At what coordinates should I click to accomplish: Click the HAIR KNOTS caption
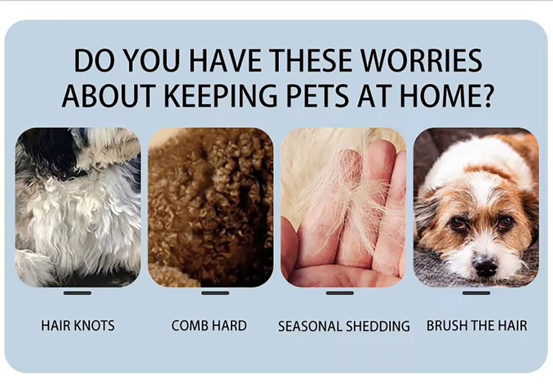pyautogui.click(x=78, y=325)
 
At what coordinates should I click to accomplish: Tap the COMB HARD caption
pyautogui.click(x=209, y=325)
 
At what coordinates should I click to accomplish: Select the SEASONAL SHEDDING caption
pyautogui.click(x=344, y=326)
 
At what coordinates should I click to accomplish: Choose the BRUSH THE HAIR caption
pyautogui.click(x=477, y=325)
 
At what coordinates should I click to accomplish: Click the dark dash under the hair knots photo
pyautogui.click(x=77, y=293)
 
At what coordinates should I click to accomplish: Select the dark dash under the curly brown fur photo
pyautogui.click(x=215, y=293)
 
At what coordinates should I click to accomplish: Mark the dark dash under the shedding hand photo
pyautogui.click(x=340, y=293)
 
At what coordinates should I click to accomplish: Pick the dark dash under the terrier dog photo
pyautogui.click(x=476, y=293)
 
